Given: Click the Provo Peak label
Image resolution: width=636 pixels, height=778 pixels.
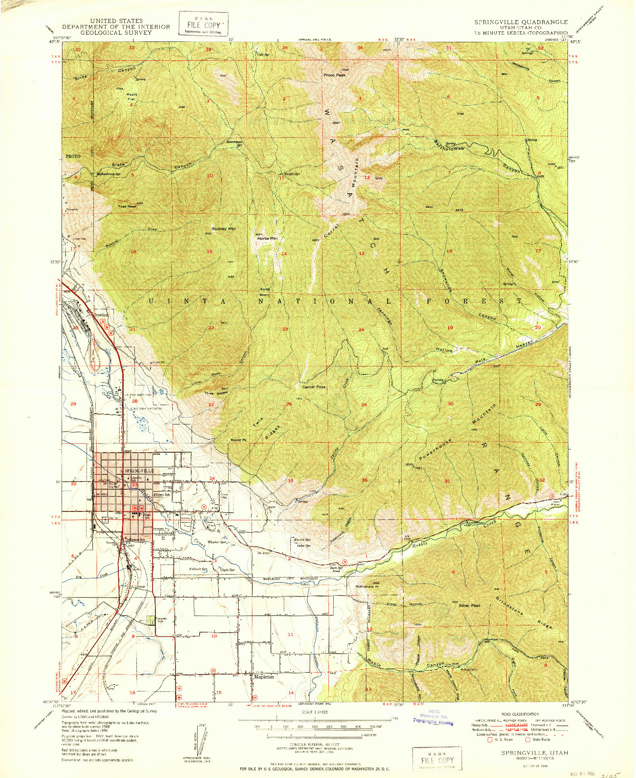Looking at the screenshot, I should [335, 75].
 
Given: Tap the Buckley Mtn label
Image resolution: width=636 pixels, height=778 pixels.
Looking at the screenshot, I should [223, 229].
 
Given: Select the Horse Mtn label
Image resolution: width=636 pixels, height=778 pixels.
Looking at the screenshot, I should [267, 238].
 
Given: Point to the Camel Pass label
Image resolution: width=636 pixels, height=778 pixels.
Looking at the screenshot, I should [314, 387].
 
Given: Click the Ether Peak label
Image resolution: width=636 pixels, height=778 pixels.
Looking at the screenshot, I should [470, 605].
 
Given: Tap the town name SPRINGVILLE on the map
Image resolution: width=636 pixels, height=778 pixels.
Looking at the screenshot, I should [139, 470].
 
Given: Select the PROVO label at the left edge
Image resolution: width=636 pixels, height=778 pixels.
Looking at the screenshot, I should [73, 156].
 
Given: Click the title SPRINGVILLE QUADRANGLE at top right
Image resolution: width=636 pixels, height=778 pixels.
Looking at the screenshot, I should [521, 22].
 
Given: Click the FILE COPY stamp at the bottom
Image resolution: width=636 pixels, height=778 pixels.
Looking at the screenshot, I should [437, 760].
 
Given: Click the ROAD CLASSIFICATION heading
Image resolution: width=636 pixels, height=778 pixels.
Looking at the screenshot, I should [520, 714].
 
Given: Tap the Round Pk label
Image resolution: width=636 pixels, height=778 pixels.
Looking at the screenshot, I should [238, 440].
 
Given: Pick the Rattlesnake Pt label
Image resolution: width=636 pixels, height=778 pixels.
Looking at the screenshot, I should [367, 586].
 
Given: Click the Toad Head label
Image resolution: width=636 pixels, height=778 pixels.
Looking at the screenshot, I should [127, 206].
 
